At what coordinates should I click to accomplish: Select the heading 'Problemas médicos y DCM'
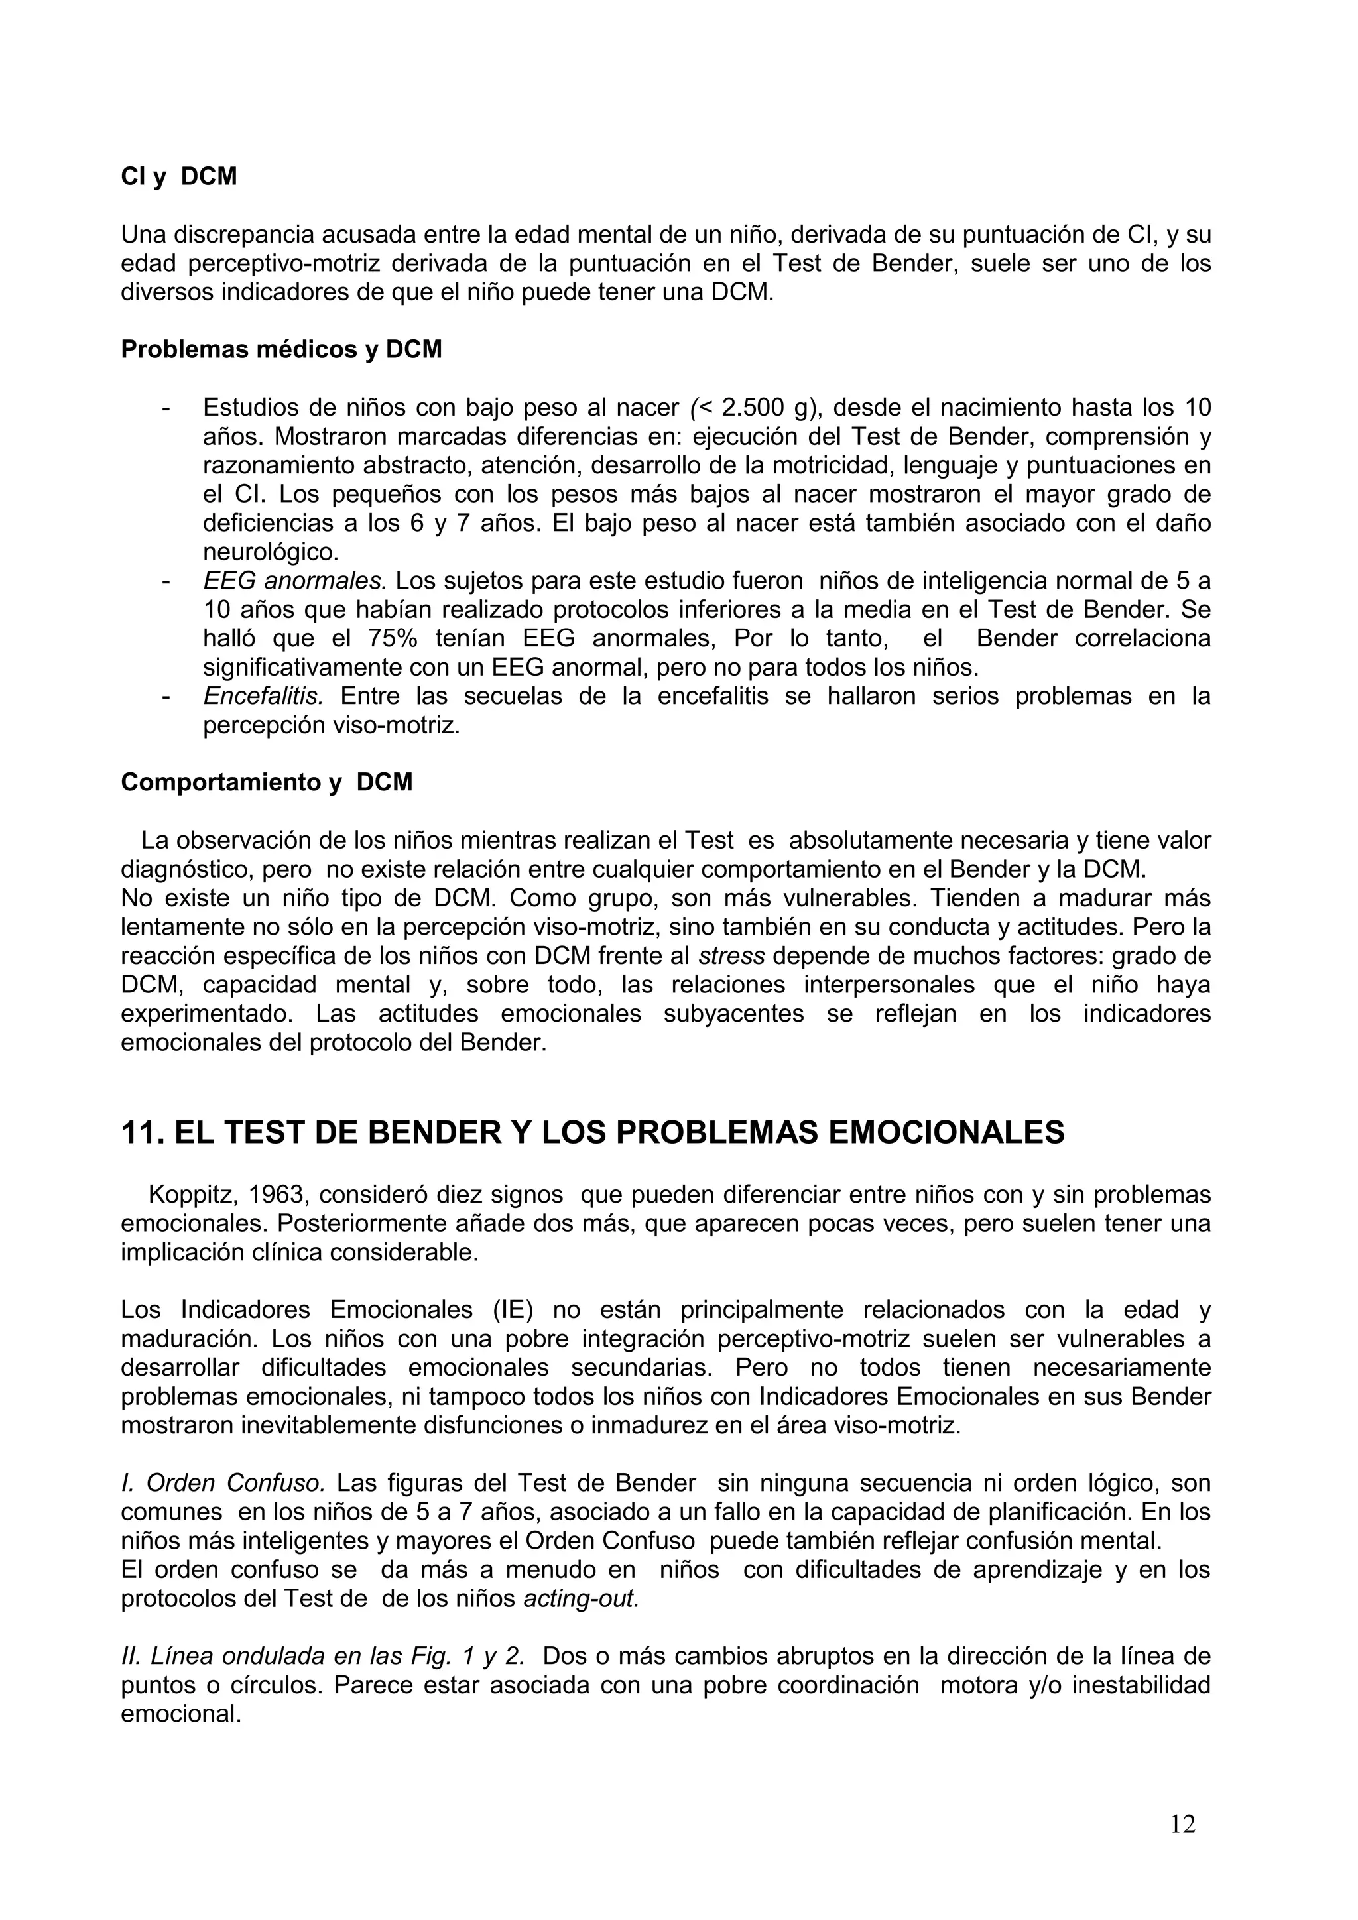coord(281,349)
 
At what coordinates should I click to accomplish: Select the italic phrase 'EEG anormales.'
coord(294,580)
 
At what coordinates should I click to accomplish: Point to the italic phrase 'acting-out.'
coord(581,1599)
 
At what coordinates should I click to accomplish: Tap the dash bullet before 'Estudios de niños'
coord(166,409)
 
